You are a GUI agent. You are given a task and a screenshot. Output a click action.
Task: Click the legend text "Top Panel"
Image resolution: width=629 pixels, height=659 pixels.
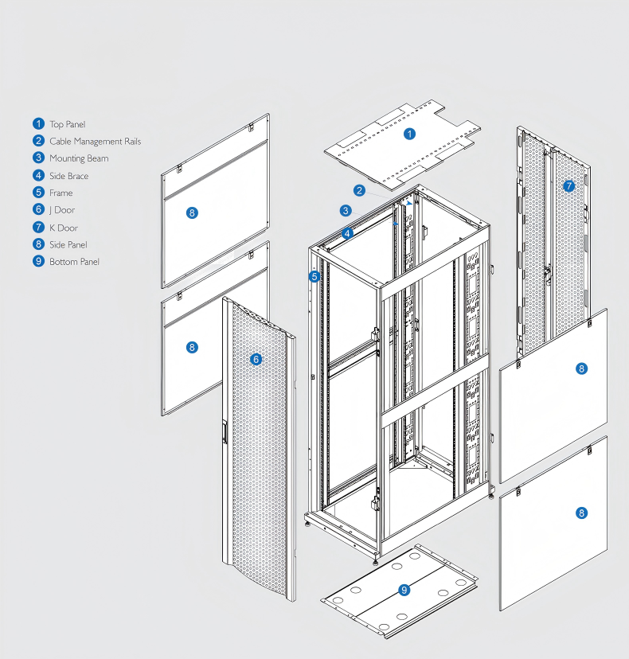tap(67, 124)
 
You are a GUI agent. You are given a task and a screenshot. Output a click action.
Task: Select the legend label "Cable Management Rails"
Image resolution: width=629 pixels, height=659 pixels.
tap(95, 142)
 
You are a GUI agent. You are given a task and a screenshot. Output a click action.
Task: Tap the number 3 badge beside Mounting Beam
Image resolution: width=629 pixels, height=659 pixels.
tap(38, 158)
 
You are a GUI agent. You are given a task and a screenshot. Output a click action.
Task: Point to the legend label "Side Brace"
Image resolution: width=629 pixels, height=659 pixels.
tap(68, 176)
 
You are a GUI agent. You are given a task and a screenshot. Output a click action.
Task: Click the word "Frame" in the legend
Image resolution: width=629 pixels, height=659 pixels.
tap(61, 193)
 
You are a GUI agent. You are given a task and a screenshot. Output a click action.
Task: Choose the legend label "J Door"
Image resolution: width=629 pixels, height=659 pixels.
tap(62, 210)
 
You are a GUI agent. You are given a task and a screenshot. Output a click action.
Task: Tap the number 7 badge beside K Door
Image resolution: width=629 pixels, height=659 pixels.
tap(38, 228)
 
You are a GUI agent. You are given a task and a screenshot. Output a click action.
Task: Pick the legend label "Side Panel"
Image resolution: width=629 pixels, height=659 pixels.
tap(68, 244)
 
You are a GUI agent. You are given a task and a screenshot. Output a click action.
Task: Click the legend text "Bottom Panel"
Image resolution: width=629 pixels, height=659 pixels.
tap(74, 262)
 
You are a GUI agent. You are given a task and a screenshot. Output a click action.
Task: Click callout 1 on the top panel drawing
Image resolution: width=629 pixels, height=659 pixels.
tap(409, 134)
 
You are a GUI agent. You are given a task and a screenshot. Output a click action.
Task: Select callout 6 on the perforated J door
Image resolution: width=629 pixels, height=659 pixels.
tap(256, 360)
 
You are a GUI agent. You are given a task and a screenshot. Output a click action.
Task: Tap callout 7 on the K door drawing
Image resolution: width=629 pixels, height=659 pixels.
tap(568, 186)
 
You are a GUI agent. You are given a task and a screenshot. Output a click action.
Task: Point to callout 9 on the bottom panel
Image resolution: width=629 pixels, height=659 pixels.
tap(404, 590)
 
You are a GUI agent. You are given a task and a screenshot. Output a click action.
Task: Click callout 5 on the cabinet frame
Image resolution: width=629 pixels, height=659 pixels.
tap(315, 276)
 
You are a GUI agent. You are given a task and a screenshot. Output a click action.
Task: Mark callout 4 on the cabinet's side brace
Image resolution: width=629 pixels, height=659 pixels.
tap(348, 233)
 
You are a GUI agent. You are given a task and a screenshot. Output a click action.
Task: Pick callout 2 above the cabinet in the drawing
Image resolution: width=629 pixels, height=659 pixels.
tap(360, 190)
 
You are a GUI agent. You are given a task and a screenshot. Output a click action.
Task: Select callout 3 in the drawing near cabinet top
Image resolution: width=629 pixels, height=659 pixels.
tap(345, 211)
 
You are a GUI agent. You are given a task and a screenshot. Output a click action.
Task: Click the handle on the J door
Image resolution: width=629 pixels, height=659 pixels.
tap(225, 432)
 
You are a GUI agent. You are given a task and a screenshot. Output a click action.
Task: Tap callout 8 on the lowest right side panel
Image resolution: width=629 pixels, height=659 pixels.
tap(581, 513)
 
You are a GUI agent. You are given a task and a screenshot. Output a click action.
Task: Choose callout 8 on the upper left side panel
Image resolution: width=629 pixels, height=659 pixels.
tap(191, 213)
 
